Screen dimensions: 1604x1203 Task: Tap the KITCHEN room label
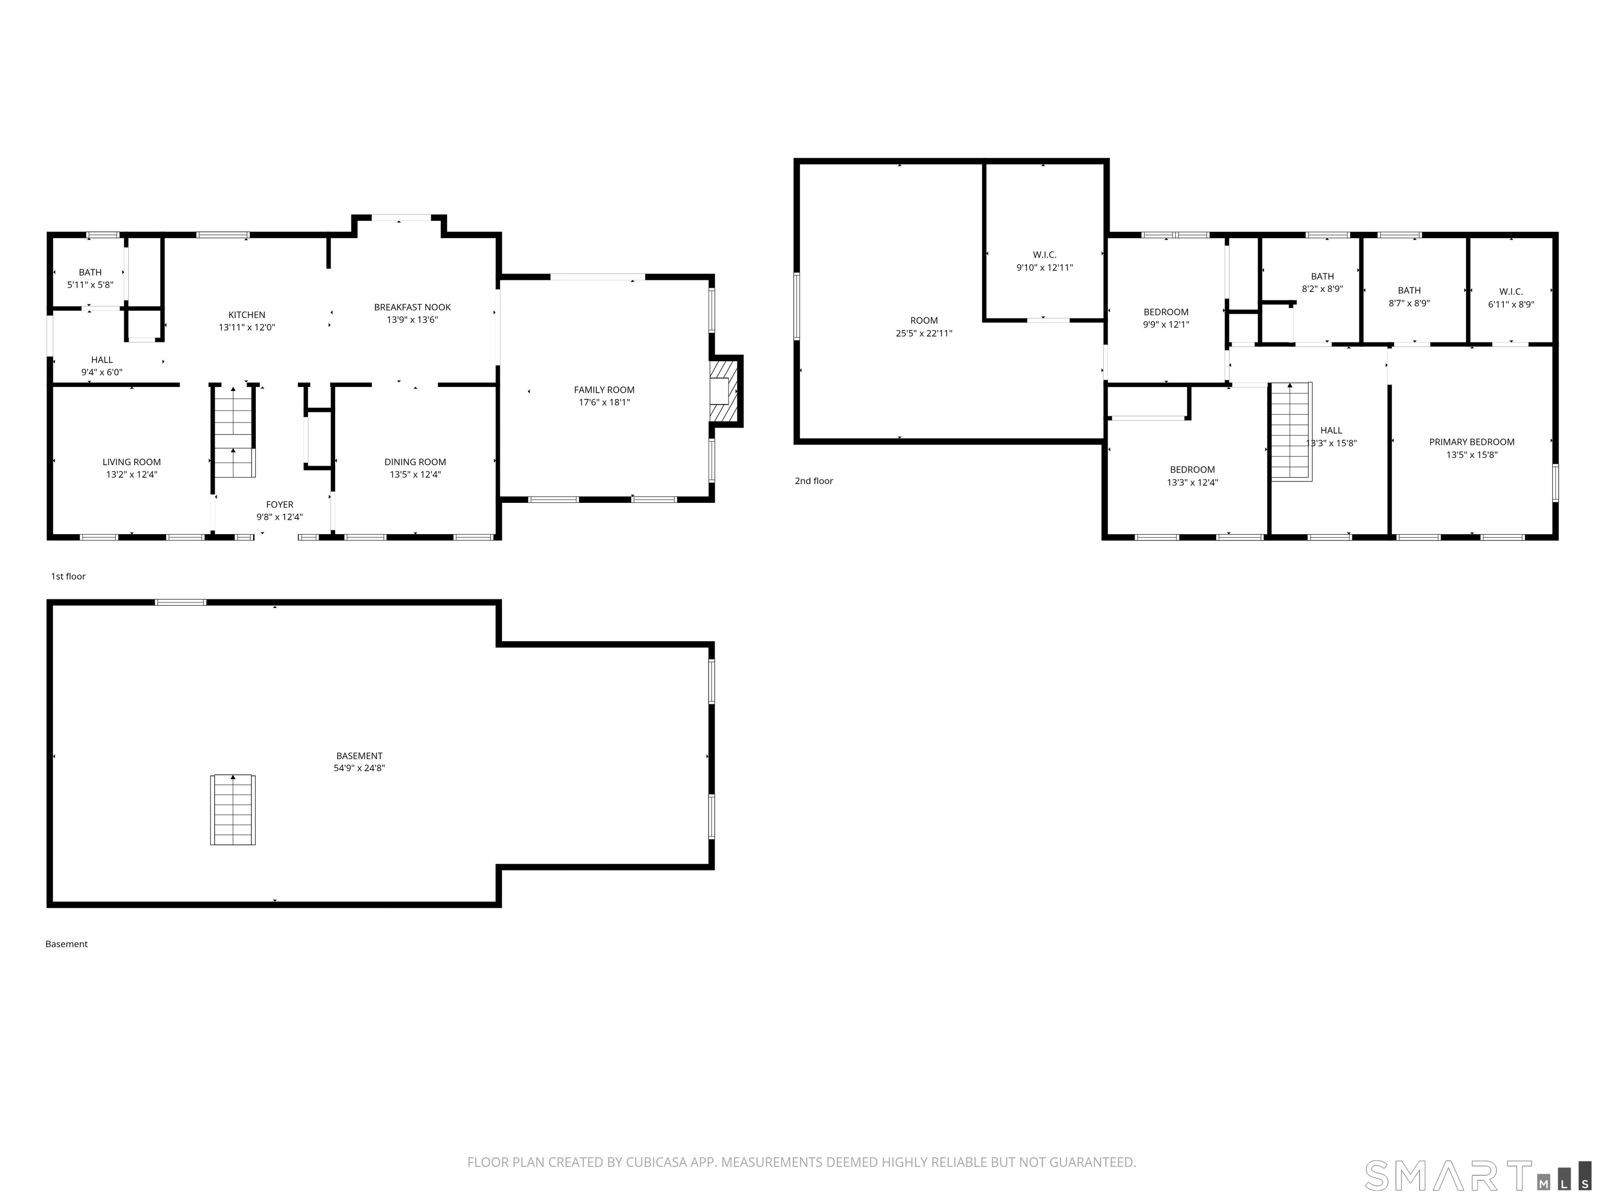(246, 315)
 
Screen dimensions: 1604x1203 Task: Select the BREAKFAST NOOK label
(412, 308)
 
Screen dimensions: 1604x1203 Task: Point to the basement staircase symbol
(233, 809)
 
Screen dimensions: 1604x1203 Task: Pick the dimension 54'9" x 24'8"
(359, 768)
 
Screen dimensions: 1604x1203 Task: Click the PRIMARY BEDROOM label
(1471, 442)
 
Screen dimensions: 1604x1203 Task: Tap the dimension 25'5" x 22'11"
(924, 334)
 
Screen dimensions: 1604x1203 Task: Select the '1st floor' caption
(68, 576)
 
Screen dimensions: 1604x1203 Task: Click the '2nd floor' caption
(813, 481)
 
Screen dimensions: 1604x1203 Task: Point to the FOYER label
(279, 505)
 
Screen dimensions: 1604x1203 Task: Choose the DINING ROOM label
(415, 462)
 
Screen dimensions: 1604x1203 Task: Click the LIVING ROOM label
(131, 462)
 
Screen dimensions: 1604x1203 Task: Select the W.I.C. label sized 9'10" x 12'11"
(1044, 254)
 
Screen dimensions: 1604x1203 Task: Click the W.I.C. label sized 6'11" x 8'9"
(1511, 291)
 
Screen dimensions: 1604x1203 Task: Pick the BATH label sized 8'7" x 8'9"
(1409, 290)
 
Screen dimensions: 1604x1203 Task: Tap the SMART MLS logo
(1478, 1175)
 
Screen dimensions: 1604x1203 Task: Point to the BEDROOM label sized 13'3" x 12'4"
(1192, 470)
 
